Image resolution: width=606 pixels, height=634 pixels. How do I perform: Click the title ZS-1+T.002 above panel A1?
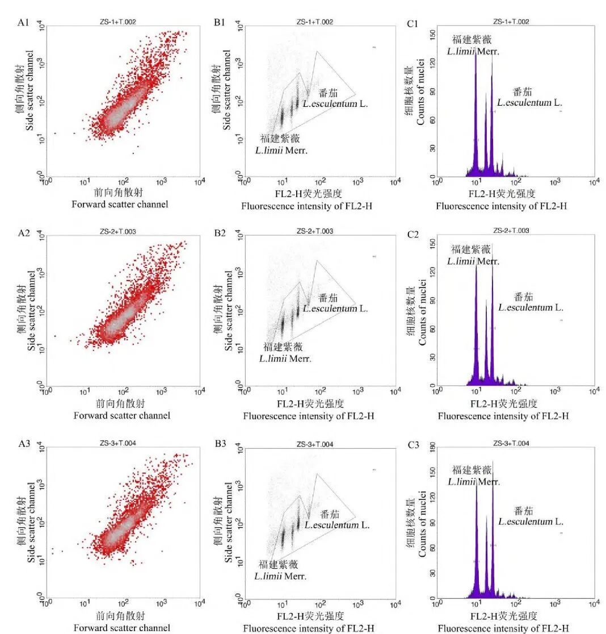coord(117,22)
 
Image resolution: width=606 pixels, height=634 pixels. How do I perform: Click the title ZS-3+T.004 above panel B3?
coord(314,444)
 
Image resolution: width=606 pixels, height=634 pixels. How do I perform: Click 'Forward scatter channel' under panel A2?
coord(122,415)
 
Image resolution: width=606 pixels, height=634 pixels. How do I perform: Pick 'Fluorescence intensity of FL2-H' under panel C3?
coord(503,628)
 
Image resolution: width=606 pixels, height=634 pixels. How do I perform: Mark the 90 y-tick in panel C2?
coord(432,302)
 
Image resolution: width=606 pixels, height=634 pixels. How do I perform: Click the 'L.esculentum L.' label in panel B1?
coord(335,104)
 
